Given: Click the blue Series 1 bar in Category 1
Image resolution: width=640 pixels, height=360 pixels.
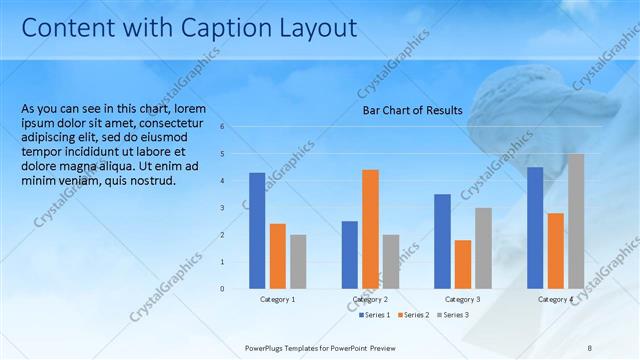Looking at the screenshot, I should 257,230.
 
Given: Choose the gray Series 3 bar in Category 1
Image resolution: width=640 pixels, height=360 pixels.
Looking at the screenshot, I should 298,261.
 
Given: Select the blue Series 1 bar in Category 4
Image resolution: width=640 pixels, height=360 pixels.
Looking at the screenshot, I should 535,227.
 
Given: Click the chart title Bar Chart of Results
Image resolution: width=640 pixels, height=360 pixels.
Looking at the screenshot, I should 412,110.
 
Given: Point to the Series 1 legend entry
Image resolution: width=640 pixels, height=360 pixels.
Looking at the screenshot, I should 375,315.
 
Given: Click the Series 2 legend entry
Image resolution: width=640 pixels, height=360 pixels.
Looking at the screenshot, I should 413,315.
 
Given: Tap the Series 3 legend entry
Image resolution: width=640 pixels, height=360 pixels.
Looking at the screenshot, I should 452,315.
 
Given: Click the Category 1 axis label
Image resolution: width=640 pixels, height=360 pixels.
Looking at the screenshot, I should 278,299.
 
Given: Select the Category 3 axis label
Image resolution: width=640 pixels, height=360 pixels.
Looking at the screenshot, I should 462,299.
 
